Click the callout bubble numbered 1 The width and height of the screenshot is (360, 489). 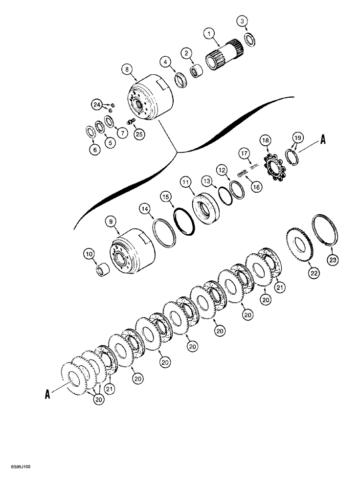[x=210, y=34]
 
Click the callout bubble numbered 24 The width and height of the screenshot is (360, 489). [x=97, y=104]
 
